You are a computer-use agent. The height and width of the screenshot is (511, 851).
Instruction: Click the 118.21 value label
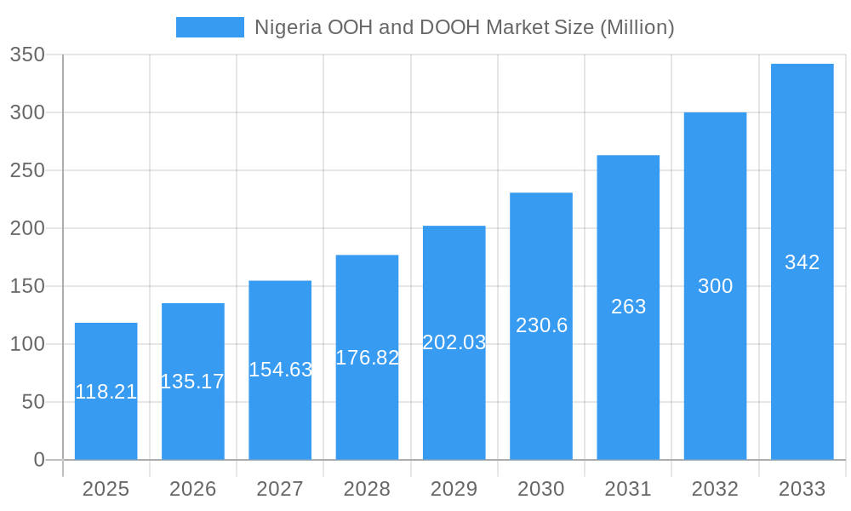point(106,392)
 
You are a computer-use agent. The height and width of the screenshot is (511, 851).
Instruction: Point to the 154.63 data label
point(280,370)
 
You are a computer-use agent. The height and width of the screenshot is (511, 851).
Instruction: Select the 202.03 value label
point(454,342)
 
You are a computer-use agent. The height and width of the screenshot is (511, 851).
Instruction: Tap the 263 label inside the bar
point(628,307)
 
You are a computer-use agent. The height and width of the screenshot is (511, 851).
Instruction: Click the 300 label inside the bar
point(715,286)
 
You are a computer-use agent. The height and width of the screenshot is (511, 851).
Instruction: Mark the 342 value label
point(802,262)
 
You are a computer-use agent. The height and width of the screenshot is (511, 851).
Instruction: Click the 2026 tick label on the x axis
point(192,489)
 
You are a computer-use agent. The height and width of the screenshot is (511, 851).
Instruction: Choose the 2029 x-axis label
point(454,489)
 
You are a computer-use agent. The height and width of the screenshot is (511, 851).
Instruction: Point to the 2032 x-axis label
point(715,489)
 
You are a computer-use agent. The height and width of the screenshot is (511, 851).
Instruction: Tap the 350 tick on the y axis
point(27,55)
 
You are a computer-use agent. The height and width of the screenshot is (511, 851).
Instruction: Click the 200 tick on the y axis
point(27,228)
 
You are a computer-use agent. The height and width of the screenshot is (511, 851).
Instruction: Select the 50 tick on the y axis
point(33,402)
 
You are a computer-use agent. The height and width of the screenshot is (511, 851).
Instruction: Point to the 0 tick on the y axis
point(39,460)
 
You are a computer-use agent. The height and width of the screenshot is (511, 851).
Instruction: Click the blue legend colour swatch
point(209,27)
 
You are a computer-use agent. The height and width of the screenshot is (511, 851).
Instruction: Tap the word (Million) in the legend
point(637,27)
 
